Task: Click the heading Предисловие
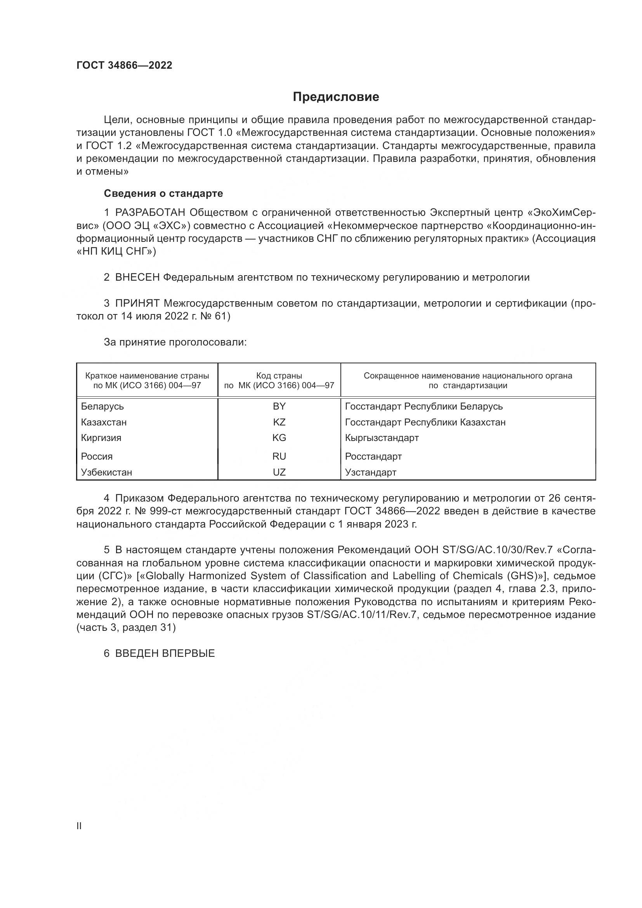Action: [x=336, y=97]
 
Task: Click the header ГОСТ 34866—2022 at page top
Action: [x=124, y=66]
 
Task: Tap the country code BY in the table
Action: [x=279, y=406]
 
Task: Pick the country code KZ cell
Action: [x=279, y=422]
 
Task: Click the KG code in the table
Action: [x=279, y=438]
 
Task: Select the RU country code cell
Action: [x=279, y=457]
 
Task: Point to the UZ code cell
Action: [x=279, y=472]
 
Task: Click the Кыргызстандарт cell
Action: [x=382, y=438]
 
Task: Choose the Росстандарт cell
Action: [x=373, y=457]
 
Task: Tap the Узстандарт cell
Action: [x=370, y=472]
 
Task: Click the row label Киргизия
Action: [x=101, y=438]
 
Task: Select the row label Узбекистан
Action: [x=106, y=472]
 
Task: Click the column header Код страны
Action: [x=279, y=376]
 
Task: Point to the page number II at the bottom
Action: [x=79, y=826]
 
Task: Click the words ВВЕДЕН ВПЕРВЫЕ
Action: [x=165, y=653]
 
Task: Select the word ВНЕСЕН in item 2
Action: [x=137, y=277]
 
